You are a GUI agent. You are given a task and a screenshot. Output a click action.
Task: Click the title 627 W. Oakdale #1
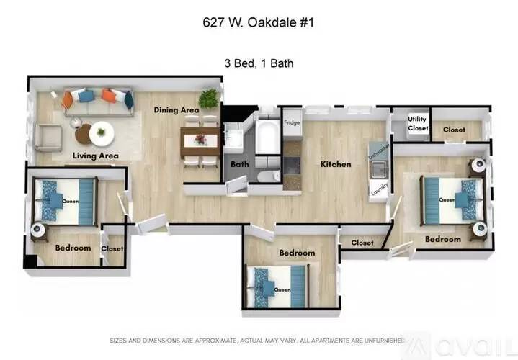click(259, 22)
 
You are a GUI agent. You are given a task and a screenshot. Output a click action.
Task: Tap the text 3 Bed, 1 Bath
click(259, 63)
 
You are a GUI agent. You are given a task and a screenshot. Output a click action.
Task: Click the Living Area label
click(95, 156)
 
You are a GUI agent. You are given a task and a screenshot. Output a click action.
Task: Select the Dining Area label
click(176, 110)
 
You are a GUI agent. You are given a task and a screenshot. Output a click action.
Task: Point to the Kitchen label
click(336, 164)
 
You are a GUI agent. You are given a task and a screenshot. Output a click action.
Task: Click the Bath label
click(239, 164)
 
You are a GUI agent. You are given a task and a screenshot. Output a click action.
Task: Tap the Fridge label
click(291, 122)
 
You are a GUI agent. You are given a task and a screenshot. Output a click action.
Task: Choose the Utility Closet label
click(418, 124)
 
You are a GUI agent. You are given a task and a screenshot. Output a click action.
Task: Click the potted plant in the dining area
click(210, 99)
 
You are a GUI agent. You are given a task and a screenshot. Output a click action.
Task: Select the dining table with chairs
click(200, 139)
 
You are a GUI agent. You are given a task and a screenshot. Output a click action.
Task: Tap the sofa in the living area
click(97, 99)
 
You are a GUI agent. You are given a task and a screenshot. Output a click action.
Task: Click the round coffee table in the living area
click(102, 132)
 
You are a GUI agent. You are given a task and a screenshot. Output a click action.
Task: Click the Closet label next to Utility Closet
click(454, 130)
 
